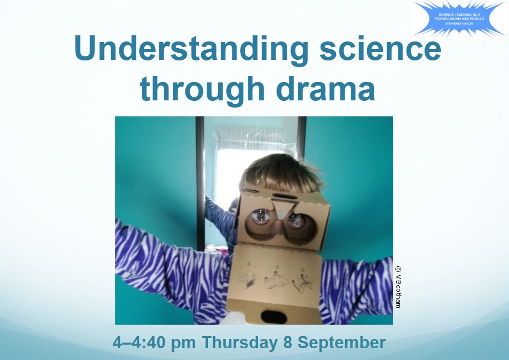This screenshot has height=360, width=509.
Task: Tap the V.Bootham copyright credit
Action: [398, 287]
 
